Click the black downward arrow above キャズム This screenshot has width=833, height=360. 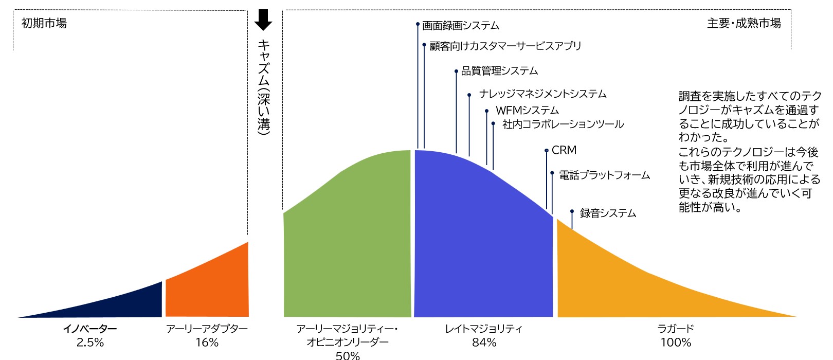coord(263,20)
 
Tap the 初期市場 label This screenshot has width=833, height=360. coord(44,23)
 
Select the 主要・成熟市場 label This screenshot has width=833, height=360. coord(744,23)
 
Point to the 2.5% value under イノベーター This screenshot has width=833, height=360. coord(90,343)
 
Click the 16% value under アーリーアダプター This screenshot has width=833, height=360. coord(207,343)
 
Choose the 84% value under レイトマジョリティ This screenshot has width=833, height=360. coord(484,343)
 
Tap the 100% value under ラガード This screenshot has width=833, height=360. coord(676,343)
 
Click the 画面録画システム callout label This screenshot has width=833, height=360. coord(461,26)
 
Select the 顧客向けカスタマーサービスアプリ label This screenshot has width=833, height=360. coord(505,46)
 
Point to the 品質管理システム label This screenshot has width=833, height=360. coord(499,71)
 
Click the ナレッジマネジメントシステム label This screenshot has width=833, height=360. coord(542,94)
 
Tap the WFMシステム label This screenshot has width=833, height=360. coord(527,111)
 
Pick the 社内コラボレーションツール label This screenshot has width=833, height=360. coord(563,124)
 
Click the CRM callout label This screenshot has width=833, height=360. coord(564,150)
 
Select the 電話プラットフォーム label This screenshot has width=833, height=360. coord(604,175)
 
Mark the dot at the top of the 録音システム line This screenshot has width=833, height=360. coord(572,211)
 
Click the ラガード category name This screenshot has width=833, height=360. coord(676,329)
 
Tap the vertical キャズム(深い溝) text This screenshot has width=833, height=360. coord(263,87)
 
